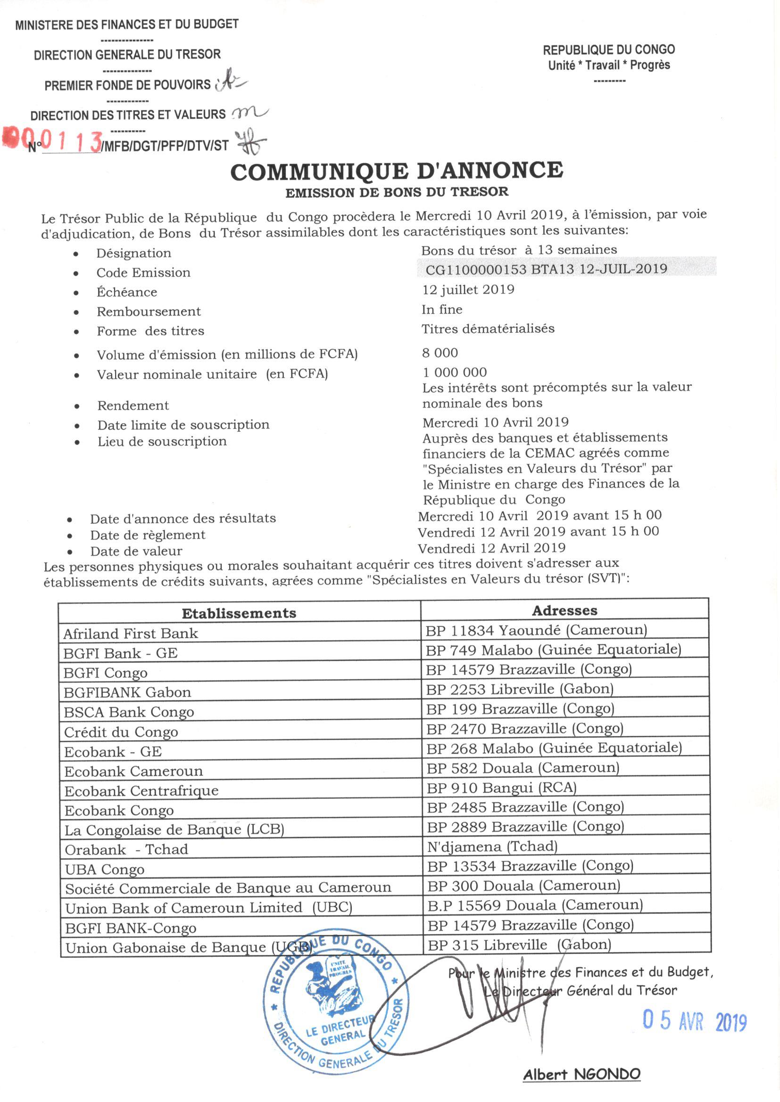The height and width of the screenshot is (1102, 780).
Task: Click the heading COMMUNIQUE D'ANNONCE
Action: [x=396, y=171]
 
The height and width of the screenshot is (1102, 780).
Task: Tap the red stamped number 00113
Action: [x=53, y=139]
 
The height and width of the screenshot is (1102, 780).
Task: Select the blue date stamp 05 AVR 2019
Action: [x=695, y=1021]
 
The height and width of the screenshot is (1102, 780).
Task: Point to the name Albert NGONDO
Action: [x=581, y=1075]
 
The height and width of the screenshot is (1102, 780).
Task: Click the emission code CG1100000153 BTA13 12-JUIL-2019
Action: [x=546, y=269]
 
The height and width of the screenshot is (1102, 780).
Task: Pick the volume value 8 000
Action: [x=440, y=353]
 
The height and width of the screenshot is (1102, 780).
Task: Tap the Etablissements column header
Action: [x=239, y=613]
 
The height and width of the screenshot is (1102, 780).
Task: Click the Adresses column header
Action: [x=564, y=610]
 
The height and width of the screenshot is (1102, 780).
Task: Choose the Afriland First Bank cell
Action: [x=131, y=633]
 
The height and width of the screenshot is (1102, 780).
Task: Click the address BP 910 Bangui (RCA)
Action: [x=501, y=788]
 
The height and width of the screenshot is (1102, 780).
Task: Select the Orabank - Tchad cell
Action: [x=126, y=849]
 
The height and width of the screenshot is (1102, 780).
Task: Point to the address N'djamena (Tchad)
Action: [x=492, y=846]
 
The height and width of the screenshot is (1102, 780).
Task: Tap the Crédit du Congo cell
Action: [x=121, y=732]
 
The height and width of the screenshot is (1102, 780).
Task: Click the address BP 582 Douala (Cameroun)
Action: [x=523, y=768]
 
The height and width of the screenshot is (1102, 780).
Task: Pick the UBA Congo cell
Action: [x=105, y=869]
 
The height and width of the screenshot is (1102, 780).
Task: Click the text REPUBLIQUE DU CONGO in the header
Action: [x=608, y=49]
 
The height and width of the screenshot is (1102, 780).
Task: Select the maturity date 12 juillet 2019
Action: [x=468, y=289]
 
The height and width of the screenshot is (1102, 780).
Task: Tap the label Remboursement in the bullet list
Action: [x=149, y=312]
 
